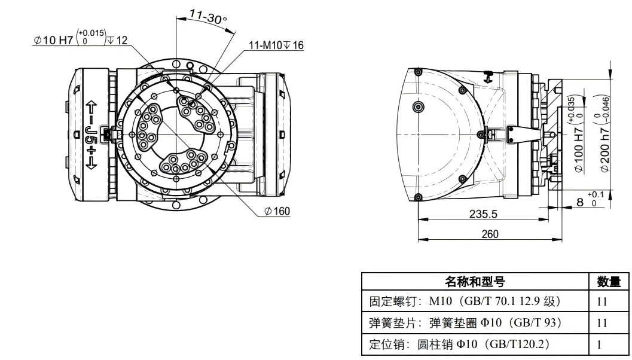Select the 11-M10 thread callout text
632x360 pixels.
[276, 45]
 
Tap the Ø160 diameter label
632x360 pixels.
[277, 211]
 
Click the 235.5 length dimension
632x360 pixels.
[484, 213]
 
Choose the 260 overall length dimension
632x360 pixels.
[490, 234]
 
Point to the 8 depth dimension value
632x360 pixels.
[579, 202]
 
